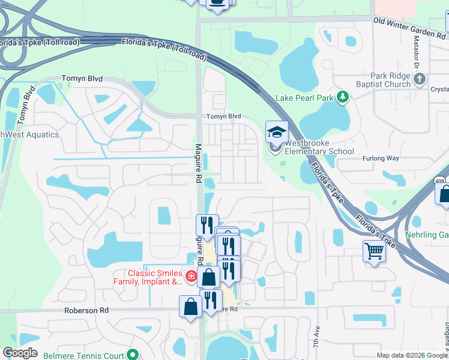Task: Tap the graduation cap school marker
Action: point(277,133)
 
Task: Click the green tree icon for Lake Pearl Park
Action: point(342,97)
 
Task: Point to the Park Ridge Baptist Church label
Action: point(390,80)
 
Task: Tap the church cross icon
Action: point(420,78)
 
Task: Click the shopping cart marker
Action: point(374,250)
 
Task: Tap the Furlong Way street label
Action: point(380,158)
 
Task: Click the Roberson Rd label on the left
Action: point(87,310)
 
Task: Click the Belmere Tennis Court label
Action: point(83,355)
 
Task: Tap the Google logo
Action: point(20,353)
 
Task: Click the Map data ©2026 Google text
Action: point(411,355)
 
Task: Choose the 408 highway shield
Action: point(440,180)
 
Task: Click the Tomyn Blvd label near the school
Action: point(223,116)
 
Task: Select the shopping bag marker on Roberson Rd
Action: point(190,306)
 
